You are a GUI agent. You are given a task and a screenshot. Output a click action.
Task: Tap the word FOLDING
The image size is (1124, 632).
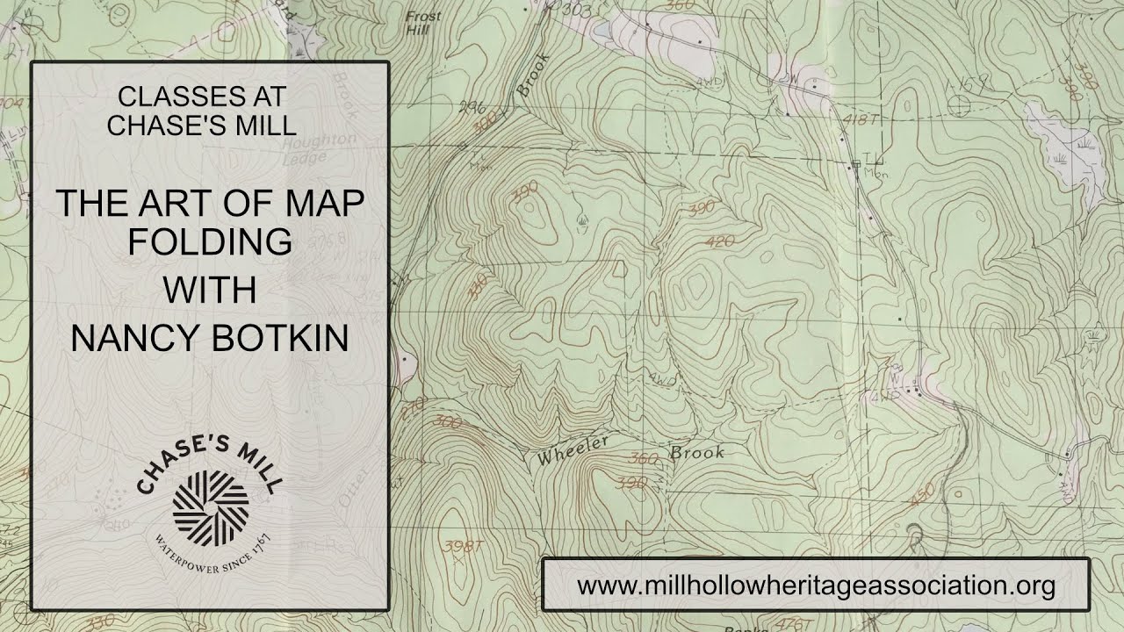pyautogui.click(x=210, y=241)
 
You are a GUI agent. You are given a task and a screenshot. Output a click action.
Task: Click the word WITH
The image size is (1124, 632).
pyautogui.click(x=210, y=290)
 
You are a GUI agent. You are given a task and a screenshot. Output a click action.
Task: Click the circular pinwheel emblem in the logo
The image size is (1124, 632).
pyautogui.click(x=211, y=504)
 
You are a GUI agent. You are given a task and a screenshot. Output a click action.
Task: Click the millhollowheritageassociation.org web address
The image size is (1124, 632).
pyautogui.click(x=816, y=585)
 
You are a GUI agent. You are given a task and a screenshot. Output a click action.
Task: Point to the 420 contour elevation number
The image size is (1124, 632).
pyautogui.click(x=719, y=241)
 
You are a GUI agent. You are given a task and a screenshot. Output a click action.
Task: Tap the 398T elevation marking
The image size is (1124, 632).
pyautogui.click(x=465, y=547)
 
